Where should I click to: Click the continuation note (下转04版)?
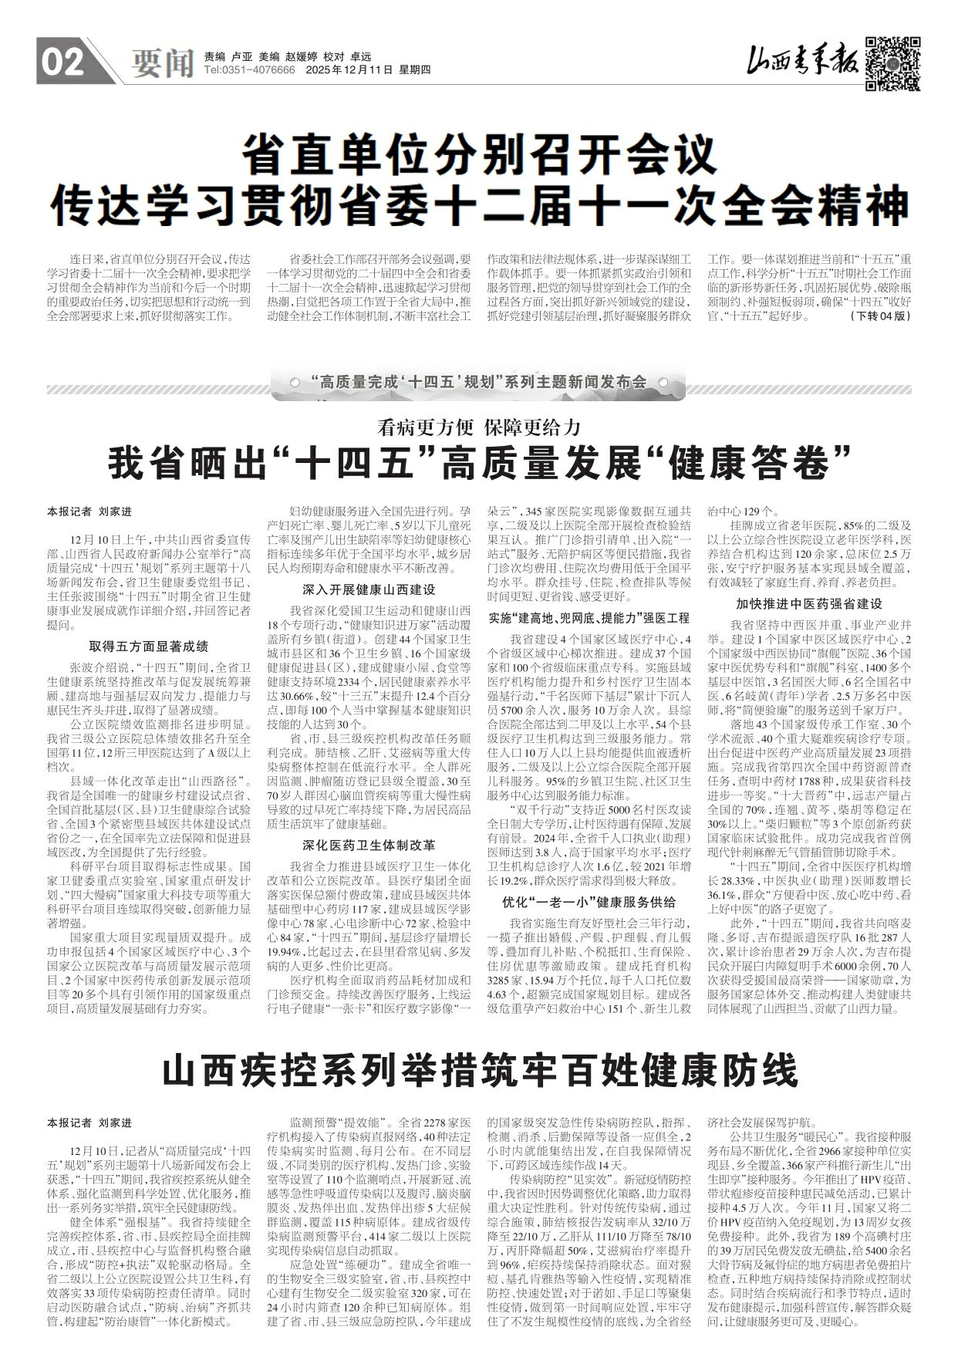(882, 316)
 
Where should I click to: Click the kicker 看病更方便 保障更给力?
(478, 427)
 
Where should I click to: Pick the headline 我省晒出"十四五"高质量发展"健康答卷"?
(478, 465)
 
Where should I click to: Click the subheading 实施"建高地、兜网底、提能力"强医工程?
(589, 618)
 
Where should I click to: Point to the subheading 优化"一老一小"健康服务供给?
(589, 901)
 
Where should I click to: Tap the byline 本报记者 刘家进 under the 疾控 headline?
(89, 1123)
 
